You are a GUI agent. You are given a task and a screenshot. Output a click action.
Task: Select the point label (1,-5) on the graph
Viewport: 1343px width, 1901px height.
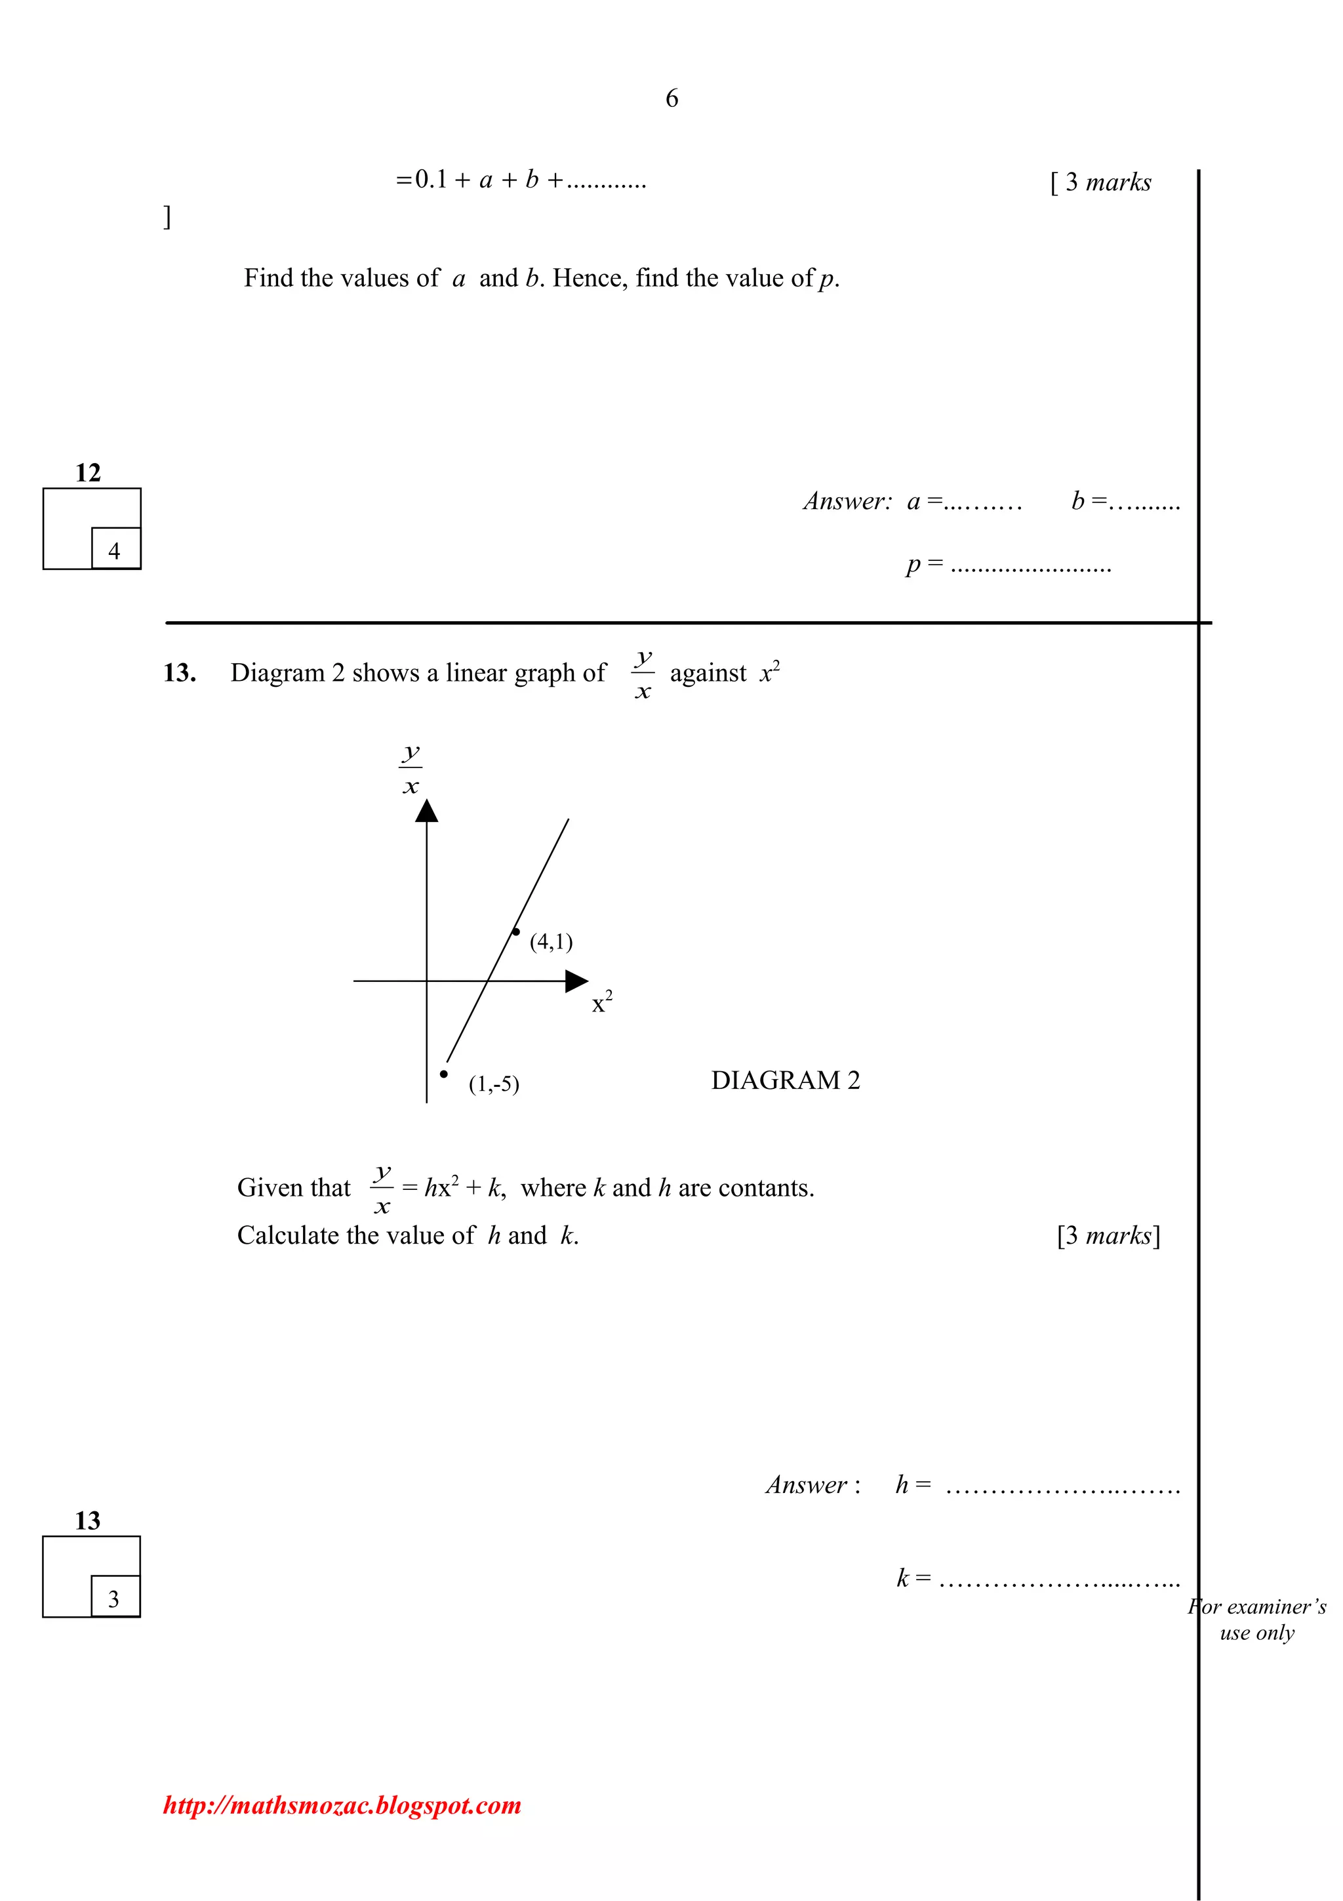click(494, 1084)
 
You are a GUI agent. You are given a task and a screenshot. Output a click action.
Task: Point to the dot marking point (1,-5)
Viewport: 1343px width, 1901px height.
click(443, 1074)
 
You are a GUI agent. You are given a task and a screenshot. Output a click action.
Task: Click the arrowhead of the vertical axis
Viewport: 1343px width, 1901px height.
click(426, 811)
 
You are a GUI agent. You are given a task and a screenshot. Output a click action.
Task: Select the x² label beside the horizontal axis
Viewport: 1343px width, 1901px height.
click(601, 1003)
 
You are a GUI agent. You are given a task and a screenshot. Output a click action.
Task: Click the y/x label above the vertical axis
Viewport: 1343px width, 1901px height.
click(411, 769)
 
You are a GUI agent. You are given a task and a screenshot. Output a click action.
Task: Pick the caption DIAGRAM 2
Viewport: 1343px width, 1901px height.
click(786, 1080)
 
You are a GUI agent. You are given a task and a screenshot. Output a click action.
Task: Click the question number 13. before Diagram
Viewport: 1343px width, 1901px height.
click(180, 673)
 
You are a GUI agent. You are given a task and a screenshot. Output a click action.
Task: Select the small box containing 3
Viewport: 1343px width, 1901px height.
click(114, 1599)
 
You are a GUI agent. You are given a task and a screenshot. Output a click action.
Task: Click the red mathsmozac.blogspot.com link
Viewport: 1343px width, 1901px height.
click(342, 1805)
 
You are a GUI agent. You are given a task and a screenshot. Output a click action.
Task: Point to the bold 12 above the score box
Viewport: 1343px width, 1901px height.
click(88, 473)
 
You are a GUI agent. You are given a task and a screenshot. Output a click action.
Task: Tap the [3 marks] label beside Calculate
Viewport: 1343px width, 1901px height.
click(1108, 1236)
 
